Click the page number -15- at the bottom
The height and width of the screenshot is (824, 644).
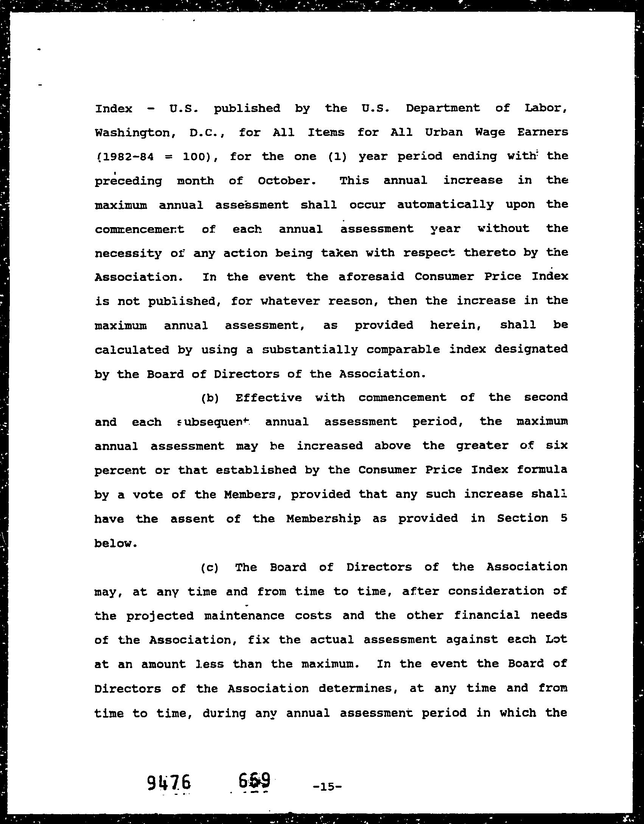click(x=328, y=787)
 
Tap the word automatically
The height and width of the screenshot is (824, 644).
click(x=445, y=205)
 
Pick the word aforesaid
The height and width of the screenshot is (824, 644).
click(x=371, y=277)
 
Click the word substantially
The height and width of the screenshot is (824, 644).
click(x=310, y=349)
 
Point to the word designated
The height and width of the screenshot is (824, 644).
click(x=531, y=349)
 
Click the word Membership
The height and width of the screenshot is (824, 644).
click(x=324, y=519)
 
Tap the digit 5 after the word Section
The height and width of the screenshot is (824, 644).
click(x=564, y=518)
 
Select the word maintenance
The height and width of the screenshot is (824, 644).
click(x=244, y=615)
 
